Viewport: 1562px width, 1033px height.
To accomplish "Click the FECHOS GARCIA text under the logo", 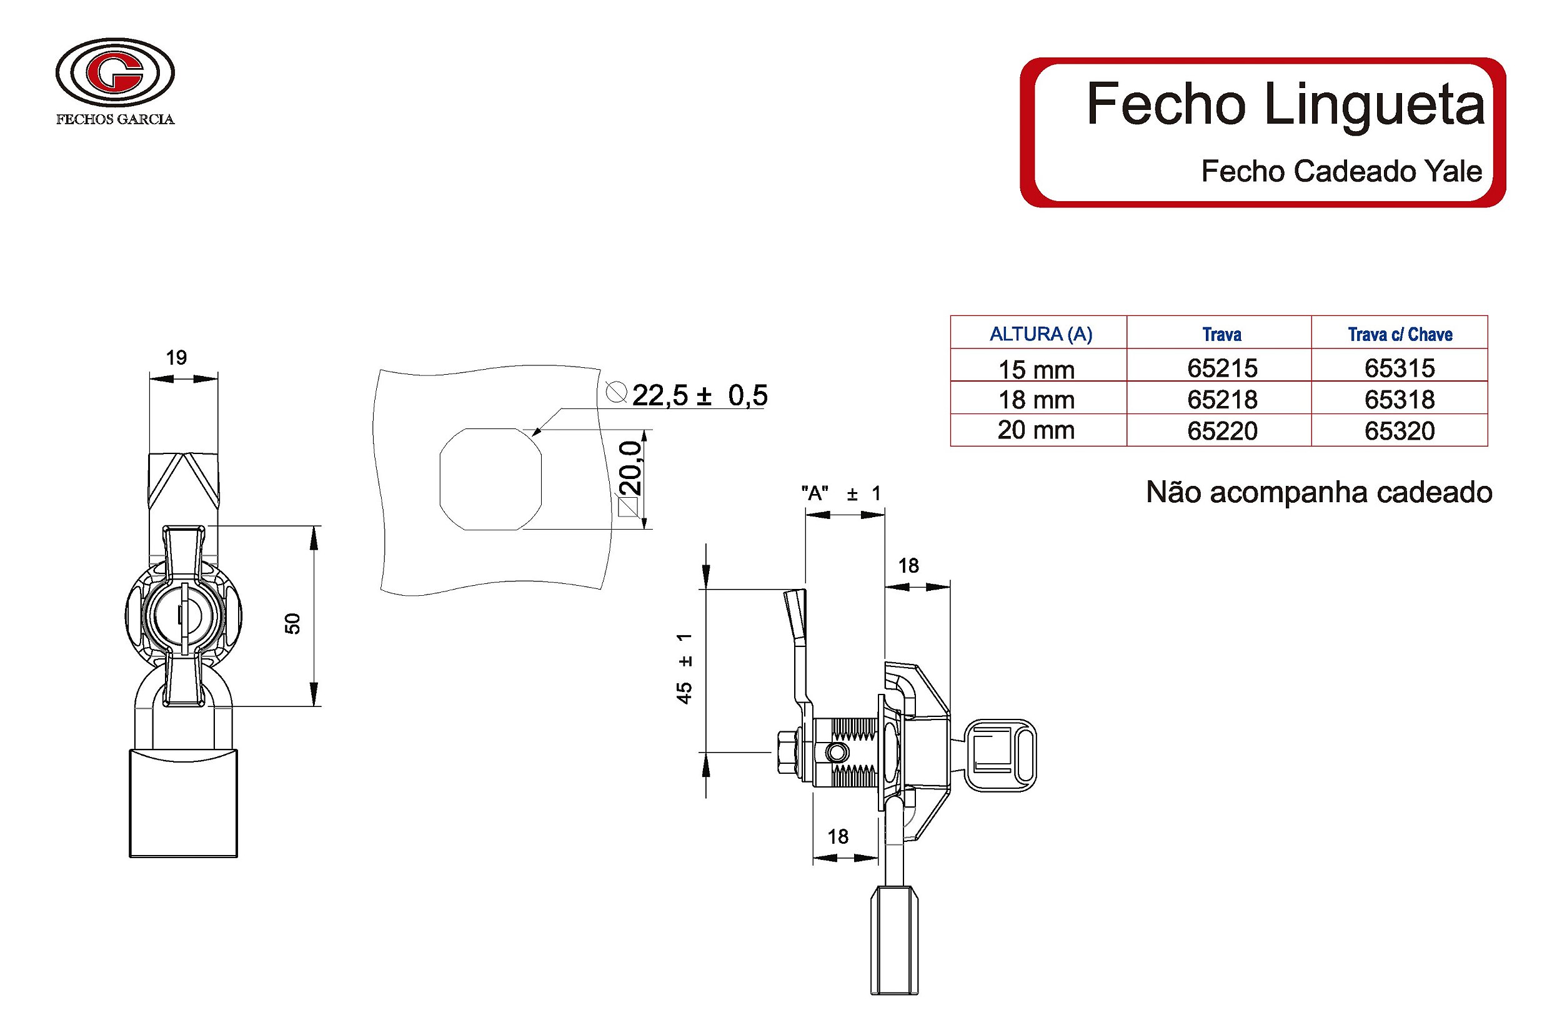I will (115, 119).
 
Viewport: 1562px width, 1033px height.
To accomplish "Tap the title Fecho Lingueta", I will (1285, 104).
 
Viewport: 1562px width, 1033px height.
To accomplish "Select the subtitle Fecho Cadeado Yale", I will (1341, 171).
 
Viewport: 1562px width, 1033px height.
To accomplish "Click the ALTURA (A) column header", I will (1040, 334).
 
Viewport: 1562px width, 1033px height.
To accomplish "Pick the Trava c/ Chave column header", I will (1399, 335).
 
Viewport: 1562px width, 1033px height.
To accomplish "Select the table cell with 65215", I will (1222, 368).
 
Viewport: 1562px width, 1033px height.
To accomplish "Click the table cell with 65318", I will (1399, 399).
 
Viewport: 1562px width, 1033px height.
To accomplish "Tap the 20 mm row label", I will (1035, 430).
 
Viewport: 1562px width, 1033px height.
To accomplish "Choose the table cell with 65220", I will (1222, 431).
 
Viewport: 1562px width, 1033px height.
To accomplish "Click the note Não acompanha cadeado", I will (1318, 492).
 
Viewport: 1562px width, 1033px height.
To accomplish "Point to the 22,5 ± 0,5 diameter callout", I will (699, 395).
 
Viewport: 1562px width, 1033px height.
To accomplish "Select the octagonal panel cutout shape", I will (490, 479).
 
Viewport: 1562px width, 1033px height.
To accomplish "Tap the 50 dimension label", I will (292, 623).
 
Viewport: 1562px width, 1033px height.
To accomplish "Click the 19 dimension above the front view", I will (176, 358).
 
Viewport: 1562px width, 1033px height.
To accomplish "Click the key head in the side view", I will (1000, 755).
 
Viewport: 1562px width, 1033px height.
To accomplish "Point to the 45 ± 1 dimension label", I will (684, 669).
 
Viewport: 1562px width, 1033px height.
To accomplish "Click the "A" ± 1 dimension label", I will (840, 493).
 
